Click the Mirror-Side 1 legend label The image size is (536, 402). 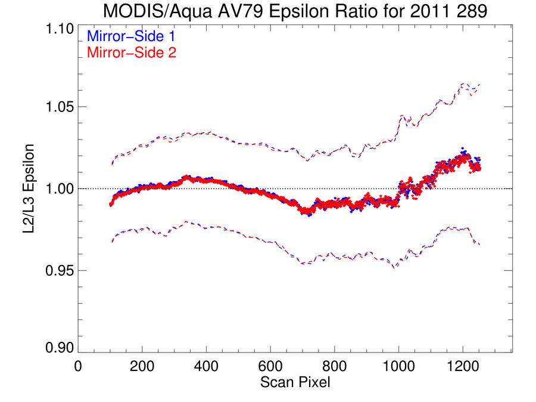pos(131,36)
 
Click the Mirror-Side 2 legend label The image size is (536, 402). pos(132,52)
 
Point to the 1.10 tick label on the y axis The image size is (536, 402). pos(60,29)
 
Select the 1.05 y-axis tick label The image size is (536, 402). pos(60,107)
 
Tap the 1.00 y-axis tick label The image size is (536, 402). pos(60,189)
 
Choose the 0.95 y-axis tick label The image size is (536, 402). pos(60,271)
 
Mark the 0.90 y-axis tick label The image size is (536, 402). pos(60,348)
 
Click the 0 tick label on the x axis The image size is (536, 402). pos(78,366)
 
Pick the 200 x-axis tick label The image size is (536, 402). pos(142,366)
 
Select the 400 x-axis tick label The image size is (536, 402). pos(206,366)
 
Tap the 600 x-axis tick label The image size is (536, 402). pos(270,366)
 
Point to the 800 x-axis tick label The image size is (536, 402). pos(334,366)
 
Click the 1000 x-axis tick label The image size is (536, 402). pos(398,366)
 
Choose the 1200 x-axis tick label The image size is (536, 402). pos(463,366)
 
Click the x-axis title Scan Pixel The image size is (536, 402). pos(295,382)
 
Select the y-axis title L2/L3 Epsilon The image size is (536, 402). pos(29,189)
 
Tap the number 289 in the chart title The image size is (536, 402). pos(472,11)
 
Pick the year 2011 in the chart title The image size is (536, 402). pos(431,11)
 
